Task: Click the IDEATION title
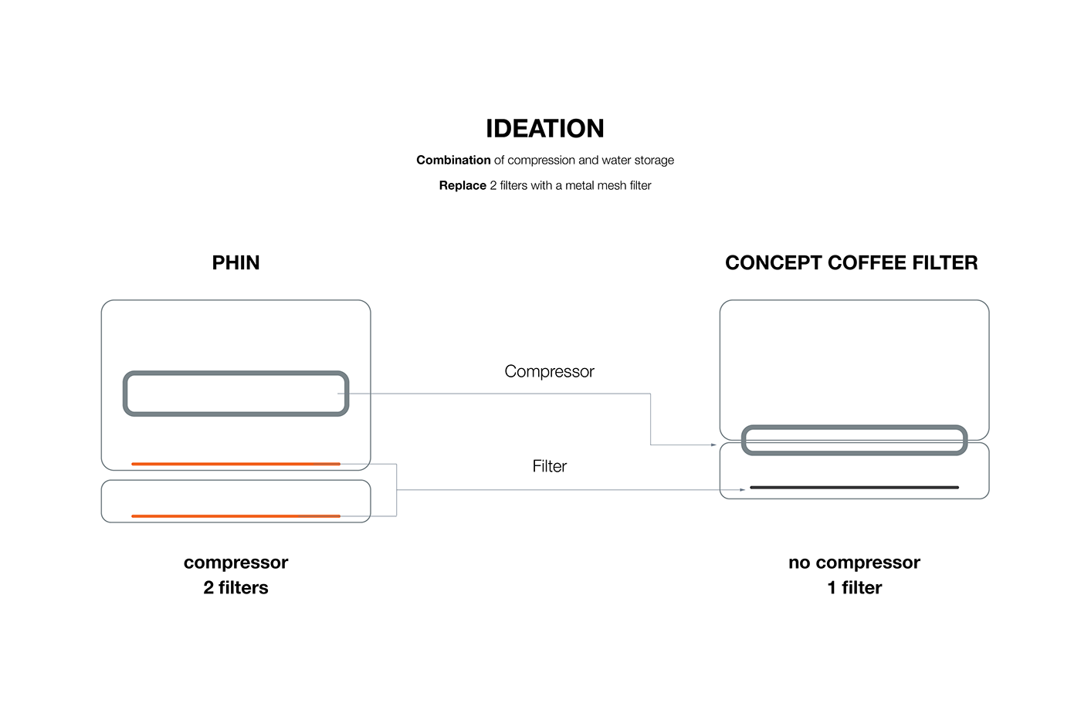(x=544, y=129)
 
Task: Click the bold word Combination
(x=453, y=161)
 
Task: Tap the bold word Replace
(x=463, y=186)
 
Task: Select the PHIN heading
(x=236, y=263)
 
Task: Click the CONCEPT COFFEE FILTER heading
(x=851, y=263)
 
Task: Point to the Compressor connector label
(x=549, y=372)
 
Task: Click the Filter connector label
(x=549, y=466)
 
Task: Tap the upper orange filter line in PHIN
(x=236, y=464)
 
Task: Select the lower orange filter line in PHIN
(x=236, y=515)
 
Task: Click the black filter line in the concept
(x=854, y=488)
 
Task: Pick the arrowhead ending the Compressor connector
(x=713, y=445)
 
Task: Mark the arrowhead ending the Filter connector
(x=742, y=489)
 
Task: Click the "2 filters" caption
(x=236, y=588)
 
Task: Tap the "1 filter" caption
(x=854, y=588)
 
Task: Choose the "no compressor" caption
(x=854, y=563)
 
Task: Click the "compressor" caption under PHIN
(x=236, y=563)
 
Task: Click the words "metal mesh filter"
(x=608, y=186)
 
